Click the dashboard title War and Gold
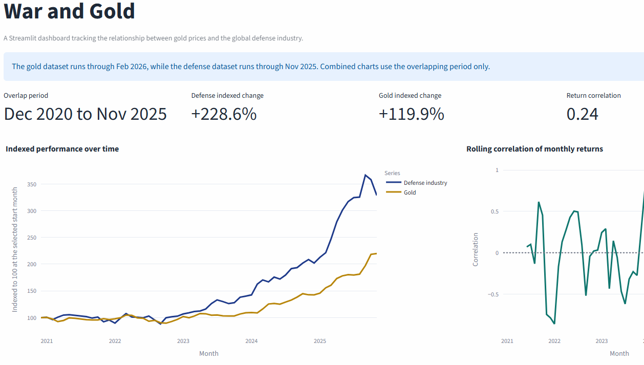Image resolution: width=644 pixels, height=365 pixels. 70,11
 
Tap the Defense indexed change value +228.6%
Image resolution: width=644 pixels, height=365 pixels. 224,114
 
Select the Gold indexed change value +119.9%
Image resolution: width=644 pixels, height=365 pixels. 411,114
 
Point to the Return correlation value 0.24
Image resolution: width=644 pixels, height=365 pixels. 582,114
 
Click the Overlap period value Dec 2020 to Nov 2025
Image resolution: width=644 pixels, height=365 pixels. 85,114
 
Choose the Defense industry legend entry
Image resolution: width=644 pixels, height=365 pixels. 425,183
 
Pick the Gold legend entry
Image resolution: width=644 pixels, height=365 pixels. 410,192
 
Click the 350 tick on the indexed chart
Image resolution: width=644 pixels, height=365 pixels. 31,184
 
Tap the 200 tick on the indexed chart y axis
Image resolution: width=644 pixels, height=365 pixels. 31,264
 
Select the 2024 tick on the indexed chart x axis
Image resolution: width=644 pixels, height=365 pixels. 251,341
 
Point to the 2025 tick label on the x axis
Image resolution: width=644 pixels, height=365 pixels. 319,341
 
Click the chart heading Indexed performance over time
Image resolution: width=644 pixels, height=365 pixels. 62,149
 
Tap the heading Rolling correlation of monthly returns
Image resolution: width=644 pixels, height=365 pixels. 534,149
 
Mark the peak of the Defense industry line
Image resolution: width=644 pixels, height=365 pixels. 366,175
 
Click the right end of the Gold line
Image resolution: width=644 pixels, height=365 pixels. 376,253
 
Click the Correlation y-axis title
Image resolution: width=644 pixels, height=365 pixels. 476,249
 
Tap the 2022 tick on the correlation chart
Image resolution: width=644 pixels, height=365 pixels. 554,341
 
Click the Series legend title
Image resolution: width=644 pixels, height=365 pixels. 392,173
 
